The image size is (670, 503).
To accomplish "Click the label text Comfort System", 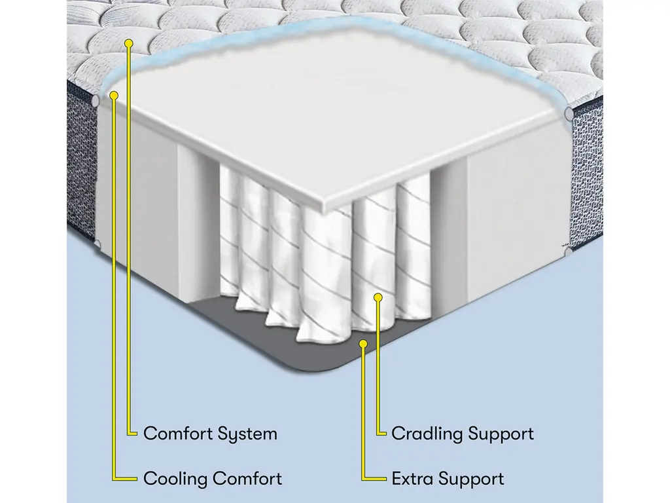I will click(x=210, y=434).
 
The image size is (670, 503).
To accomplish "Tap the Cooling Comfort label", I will click(x=213, y=478).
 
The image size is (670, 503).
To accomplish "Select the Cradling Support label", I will click(x=463, y=434).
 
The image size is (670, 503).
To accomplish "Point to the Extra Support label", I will click(x=448, y=478).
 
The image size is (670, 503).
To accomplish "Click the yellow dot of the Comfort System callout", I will click(x=129, y=43).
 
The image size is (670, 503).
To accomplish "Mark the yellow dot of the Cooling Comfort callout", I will click(x=115, y=95).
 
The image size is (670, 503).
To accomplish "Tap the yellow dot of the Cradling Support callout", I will click(x=378, y=298).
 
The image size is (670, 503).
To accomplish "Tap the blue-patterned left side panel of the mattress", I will click(x=80, y=164).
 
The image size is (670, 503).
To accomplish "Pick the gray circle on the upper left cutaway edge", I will click(x=96, y=102).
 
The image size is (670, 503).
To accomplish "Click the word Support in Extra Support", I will click(x=470, y=478).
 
